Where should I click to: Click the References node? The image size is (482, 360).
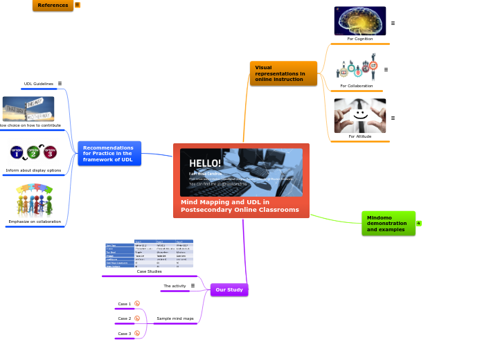click(53, 5)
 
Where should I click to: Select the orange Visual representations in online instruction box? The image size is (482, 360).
click(283, 73)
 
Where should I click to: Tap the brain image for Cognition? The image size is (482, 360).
click(360, 21)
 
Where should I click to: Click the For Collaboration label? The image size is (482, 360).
click(356, 86)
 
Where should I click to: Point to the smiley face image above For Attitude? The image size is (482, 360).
click(359, 116)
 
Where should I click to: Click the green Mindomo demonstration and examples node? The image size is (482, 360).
click(388, 223)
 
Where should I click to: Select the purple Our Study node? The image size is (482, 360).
click(229, 289)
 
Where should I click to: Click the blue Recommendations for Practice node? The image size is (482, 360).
click(109, 154)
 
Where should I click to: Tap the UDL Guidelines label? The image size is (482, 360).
click(39, 84)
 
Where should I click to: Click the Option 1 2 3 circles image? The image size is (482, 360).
click(33, 152)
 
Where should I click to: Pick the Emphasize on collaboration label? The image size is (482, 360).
click(35, 222)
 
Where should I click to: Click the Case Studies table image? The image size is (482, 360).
click(149, 253)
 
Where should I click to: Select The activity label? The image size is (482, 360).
click(175, 286)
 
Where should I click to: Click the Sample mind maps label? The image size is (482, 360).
click(175, 318)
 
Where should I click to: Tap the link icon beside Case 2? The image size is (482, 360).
click(137, 318)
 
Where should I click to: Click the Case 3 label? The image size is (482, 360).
click(124, 334)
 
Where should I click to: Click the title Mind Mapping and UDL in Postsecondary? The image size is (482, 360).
click(240, 206)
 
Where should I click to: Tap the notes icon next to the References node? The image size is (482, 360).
click(78, 5)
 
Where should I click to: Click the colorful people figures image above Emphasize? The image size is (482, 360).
click(34, 200)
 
